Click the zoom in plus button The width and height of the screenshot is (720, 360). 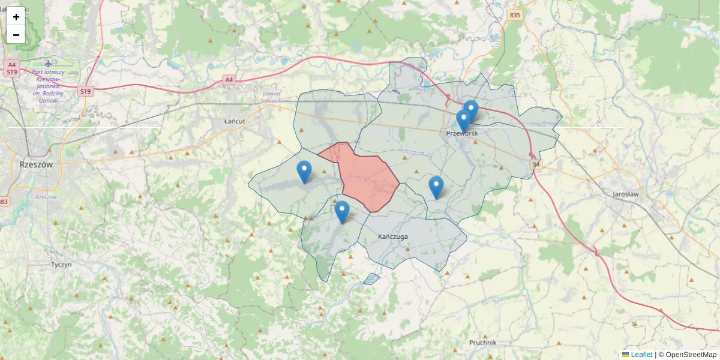[x=16, y=17]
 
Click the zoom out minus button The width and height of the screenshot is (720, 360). [x=16, y=35]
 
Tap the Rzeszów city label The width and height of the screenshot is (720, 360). [x=36, y=164]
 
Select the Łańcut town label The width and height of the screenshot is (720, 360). [x=235, y=121]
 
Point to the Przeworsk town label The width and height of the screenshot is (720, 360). [x=462, y=133]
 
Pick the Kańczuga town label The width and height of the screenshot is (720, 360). [x=393, y=236]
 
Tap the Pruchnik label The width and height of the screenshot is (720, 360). [x=483, y=343]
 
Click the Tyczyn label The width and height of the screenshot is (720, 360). [x=61, y=265]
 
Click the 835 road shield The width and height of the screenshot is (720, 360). [x=514, y=15]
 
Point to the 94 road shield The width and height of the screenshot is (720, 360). [x=536, y=164]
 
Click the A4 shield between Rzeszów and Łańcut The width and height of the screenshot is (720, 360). [x=228, y=79]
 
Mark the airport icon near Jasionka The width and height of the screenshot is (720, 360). [x=49, y=63]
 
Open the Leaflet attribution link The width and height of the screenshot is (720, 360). [x=641, y=355]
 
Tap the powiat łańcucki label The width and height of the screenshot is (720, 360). [x=272, y=97]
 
